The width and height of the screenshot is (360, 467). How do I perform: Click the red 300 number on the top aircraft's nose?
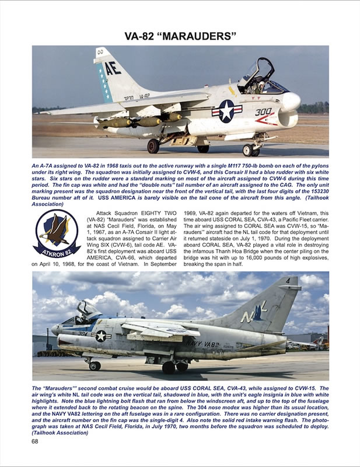(x=263, y=112)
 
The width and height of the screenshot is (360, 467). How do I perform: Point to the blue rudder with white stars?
(x=106, y=82)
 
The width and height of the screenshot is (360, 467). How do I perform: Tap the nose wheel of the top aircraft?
(x=249, y=151)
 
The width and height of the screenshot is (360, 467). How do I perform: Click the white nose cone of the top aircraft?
(x=291, y=102)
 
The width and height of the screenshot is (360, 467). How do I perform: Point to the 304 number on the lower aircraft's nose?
(x=82, y=334)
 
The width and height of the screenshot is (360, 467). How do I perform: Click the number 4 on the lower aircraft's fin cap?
(x=288, y=281)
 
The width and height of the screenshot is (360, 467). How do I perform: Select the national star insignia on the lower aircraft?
(x=102, y=336)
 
